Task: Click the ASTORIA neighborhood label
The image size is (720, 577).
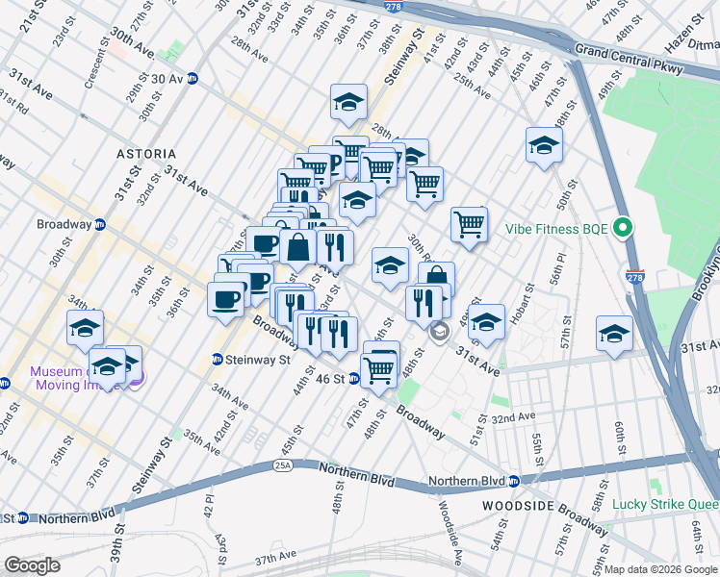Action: click(146, 154)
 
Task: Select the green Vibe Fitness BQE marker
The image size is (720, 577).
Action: click(623, 230)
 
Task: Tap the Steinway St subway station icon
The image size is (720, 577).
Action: click(219, 361)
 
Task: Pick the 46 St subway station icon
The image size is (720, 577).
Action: click(353, 380)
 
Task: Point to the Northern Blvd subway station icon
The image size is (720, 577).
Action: click(514, 481)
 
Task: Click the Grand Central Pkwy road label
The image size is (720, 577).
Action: click(629, 59)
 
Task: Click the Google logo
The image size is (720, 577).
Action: click(32, 565)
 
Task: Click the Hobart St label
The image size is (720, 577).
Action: click(527, 300)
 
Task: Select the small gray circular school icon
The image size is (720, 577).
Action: click(439, 333)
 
